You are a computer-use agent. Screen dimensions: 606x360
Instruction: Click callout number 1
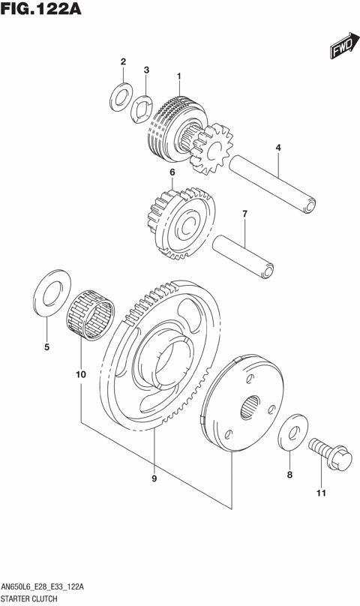click(x=180, y=76)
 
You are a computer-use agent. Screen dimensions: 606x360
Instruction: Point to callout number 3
click(x=147, y=70)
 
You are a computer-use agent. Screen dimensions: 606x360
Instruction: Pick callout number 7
click(x=244, y=215)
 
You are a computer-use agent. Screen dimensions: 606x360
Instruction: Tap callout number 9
click(x=154, y=478)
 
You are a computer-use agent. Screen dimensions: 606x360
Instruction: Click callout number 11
click(x=321, y=493)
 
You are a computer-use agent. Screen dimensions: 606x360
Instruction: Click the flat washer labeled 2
click(x=119, y=96)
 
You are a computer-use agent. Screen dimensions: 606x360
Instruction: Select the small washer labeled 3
click(x=140, y=111)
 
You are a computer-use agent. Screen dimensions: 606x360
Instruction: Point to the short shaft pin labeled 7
click(x=243, y=254)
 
